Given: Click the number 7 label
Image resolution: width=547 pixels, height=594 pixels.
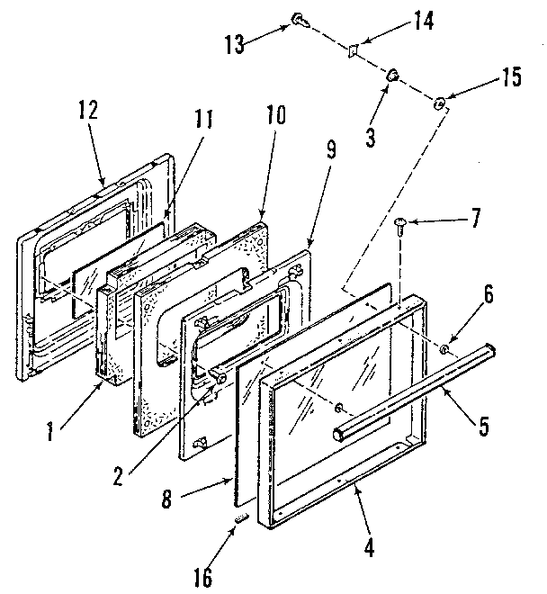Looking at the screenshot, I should click(476, 217).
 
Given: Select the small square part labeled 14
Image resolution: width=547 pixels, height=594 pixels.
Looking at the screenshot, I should click(354, 51).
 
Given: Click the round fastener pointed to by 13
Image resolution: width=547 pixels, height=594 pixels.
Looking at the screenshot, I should click(298, 19).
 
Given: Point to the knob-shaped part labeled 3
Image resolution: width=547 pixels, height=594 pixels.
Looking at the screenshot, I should click(393, 76).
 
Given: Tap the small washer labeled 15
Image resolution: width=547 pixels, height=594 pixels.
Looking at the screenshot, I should click(440, 104).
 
